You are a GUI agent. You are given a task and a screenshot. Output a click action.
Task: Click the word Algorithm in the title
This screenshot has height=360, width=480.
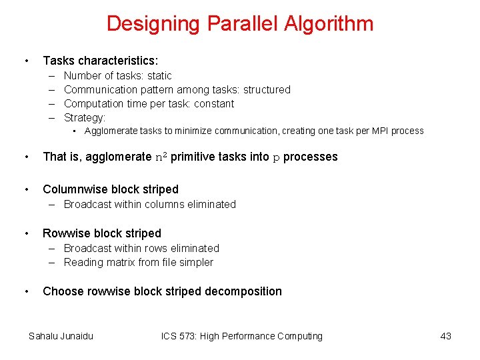click(x=329, y=24)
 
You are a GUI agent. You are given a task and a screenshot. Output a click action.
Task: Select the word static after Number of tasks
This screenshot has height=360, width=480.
click(x=159, y=76)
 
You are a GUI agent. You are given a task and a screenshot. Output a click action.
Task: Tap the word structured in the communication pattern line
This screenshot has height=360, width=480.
click(x=267, y=90)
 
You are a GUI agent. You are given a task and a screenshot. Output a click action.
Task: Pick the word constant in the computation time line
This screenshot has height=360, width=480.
click(x=214, y=104)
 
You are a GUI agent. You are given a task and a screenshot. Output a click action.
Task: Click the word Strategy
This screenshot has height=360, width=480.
click(x=84, y=118)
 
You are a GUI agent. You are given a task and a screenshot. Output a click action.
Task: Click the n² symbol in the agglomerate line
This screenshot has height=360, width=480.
click(x=161, y=157)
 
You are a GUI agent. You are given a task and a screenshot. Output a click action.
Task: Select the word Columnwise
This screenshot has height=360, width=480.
click(x=73, y=189)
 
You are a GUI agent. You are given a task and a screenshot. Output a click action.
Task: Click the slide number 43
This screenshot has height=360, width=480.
click(x=445, y=336)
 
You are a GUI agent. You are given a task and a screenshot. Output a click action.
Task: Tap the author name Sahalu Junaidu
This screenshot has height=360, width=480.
click(x=61, y=336)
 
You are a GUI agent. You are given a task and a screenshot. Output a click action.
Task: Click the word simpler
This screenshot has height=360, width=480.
click(x=195, y=263)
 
